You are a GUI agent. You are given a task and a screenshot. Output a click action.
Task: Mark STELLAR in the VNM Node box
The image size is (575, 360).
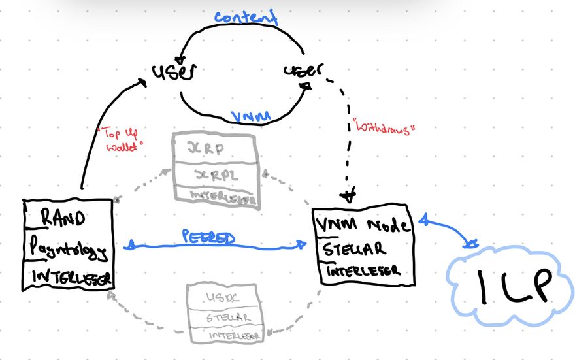click(x=352, y=248)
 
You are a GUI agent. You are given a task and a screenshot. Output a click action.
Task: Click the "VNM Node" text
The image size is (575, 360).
click(x=364, y=226)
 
